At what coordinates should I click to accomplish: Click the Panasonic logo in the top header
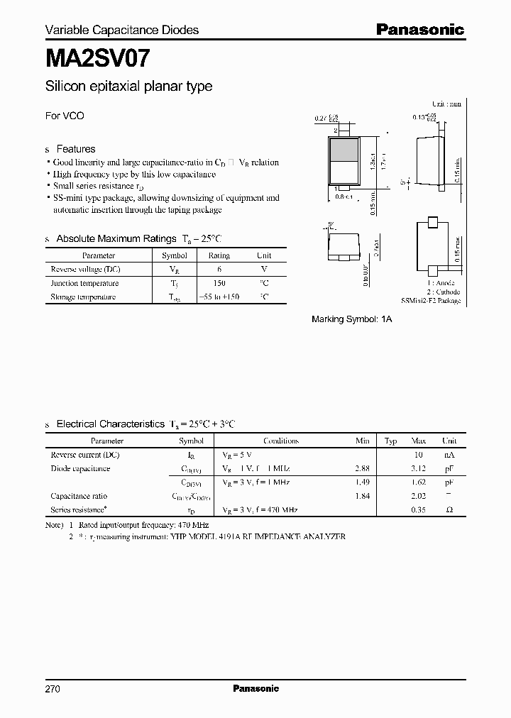click(x=419, y=30)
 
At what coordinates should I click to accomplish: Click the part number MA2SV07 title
click(x=97, y=56)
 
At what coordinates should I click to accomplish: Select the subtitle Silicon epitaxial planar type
click(x=128, y=87)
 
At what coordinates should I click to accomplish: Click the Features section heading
click(x=75, y=149)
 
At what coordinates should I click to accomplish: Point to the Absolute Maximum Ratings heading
click(x=115, y=239)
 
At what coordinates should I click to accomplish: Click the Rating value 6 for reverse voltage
click(x=219, y=269)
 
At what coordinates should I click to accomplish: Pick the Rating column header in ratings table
click(x=219, y=255)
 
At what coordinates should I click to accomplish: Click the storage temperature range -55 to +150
click(x=219, y=297)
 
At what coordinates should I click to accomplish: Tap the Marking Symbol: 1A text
click(x=352, y=319)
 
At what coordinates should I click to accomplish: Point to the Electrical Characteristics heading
click(x=111, y=424)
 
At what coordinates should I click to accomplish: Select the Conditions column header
click(x=280, y=441)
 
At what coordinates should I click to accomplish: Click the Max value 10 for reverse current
click(x=419, y=454)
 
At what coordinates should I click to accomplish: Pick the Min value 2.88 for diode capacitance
click(x=362, y=468)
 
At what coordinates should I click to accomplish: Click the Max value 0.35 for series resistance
click(x=419, y=509)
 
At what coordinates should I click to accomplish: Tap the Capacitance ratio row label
click(x=79, y=496)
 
